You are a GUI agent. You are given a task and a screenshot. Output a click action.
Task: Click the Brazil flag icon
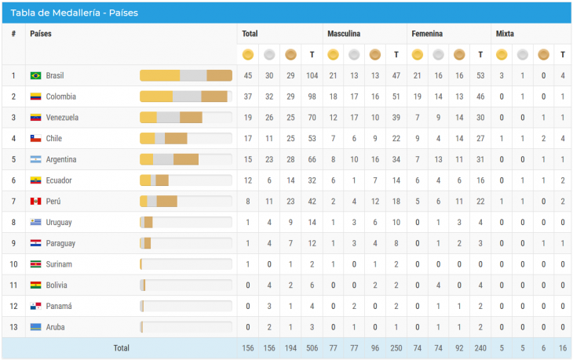point(35,76)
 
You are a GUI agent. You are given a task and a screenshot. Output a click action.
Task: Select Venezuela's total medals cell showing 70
point(312,118)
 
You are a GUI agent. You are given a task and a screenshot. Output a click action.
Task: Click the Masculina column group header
point(344,35)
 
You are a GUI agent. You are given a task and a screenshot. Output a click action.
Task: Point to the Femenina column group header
point(426,35)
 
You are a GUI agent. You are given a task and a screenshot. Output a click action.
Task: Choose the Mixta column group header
point(505,35)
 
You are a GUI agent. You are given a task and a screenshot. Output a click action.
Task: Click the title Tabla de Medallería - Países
point(75,13)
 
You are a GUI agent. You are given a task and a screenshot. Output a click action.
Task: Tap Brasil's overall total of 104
point(312,76)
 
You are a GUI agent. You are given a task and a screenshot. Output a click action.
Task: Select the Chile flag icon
point(35,139)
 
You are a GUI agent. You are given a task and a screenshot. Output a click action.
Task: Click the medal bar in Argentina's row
point(185,159)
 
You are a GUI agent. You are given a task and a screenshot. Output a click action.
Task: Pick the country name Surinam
point(59,264)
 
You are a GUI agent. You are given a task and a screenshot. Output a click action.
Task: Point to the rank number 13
point(13,327)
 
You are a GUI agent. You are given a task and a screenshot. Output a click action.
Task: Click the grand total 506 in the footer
point(312,347)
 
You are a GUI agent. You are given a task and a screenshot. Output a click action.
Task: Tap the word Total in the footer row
point(122,347)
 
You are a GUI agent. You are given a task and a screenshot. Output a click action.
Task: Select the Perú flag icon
point(35,202)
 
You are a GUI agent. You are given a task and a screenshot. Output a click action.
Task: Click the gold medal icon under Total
point(248,55)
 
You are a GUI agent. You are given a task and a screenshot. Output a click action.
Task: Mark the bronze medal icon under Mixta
point(542,55)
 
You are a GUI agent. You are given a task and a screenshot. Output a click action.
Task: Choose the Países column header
point(42,35)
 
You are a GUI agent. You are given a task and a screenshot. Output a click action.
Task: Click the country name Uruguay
point(59,222)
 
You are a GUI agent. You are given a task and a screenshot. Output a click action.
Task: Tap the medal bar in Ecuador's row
point(185,180)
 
